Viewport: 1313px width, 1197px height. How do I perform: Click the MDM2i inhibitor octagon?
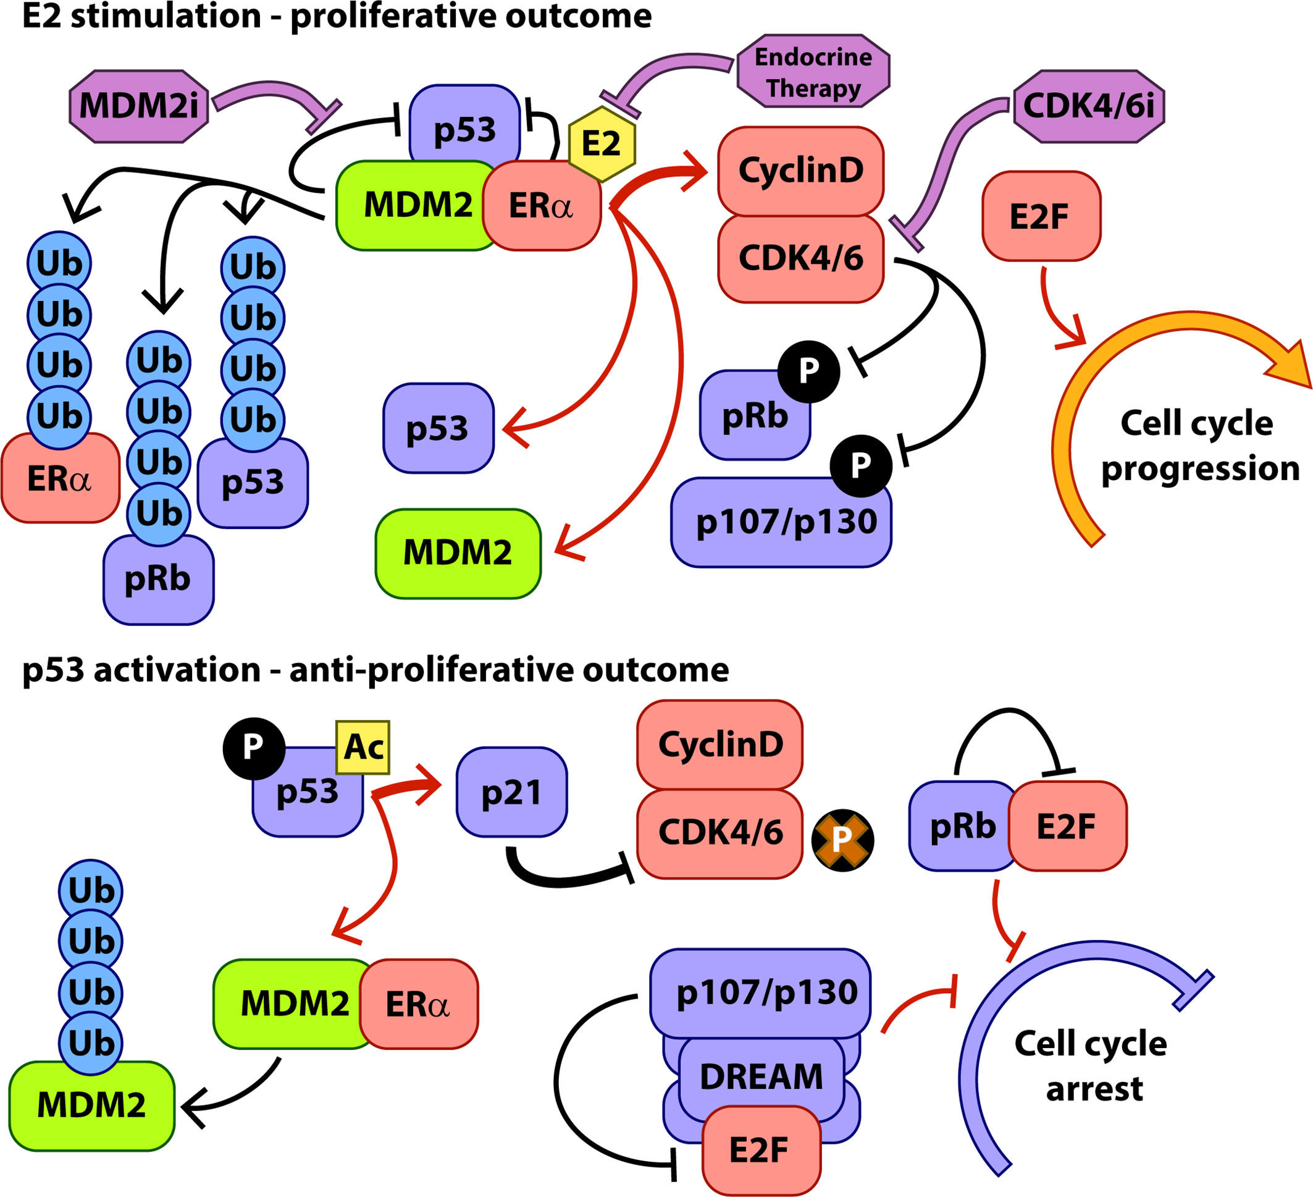click(139, 106)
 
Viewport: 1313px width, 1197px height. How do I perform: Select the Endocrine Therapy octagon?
click(813, 71)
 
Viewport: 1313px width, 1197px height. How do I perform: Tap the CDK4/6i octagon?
click(1089, 106)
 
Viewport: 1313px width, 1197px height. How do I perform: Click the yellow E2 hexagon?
click(601, 143)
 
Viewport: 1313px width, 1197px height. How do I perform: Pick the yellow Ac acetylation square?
click(363, 747)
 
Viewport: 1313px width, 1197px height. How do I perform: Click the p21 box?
click(512, 792)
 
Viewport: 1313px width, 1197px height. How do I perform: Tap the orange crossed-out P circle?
click(842, 840)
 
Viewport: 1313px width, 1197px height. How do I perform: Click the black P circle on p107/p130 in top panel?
click(860, 465)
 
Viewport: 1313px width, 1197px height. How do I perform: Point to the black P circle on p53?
click(253, 749)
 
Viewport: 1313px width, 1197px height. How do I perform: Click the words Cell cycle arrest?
click(1091, 1066)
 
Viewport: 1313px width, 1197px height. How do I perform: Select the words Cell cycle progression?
click(1200, 446)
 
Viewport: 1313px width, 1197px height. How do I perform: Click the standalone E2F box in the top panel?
click(1041, 216)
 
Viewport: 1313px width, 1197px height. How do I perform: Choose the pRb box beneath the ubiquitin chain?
click(158, 579)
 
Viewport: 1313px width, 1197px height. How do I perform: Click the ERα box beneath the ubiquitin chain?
click(60, 478)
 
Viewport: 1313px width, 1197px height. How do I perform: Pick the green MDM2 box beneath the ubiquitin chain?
click(92, 1106)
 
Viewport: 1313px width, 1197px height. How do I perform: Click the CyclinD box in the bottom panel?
click(719, 745)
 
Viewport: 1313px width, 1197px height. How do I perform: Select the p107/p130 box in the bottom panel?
click(761, 992)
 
